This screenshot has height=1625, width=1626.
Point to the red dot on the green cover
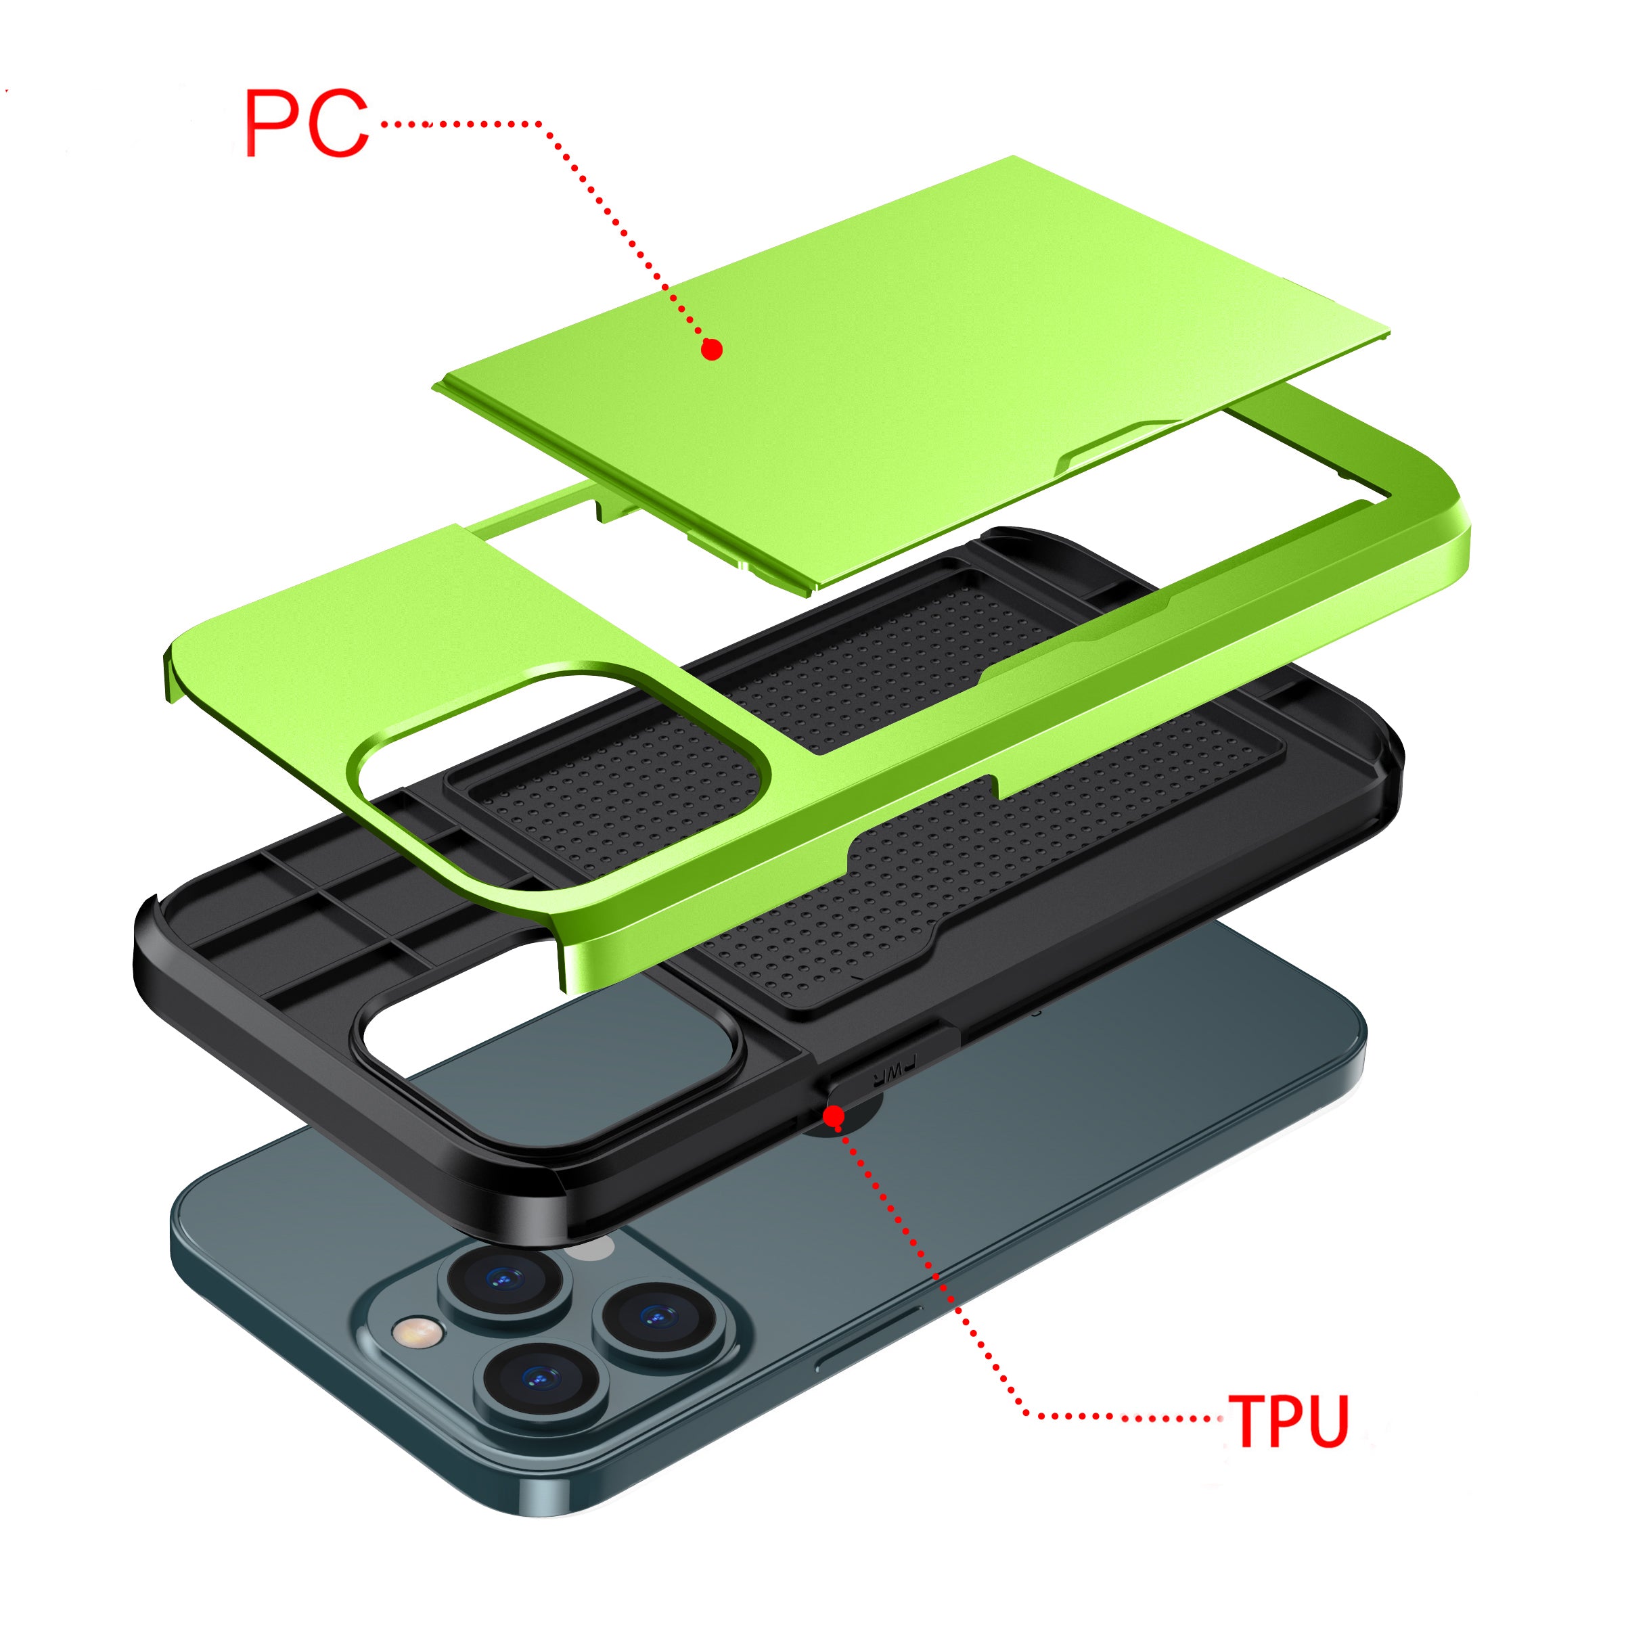[712, 349]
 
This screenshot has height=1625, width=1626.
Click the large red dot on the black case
[833, 1117]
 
